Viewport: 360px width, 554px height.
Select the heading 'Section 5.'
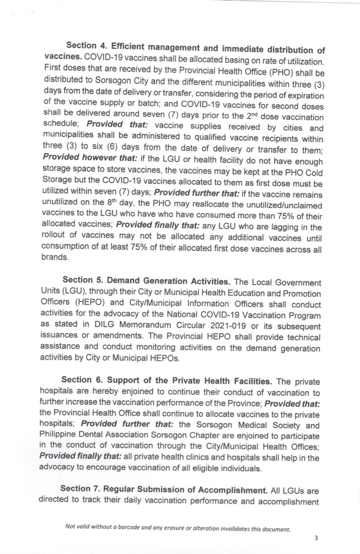[x=83, y=280]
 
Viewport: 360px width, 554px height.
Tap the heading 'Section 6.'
[x=81, y=380]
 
